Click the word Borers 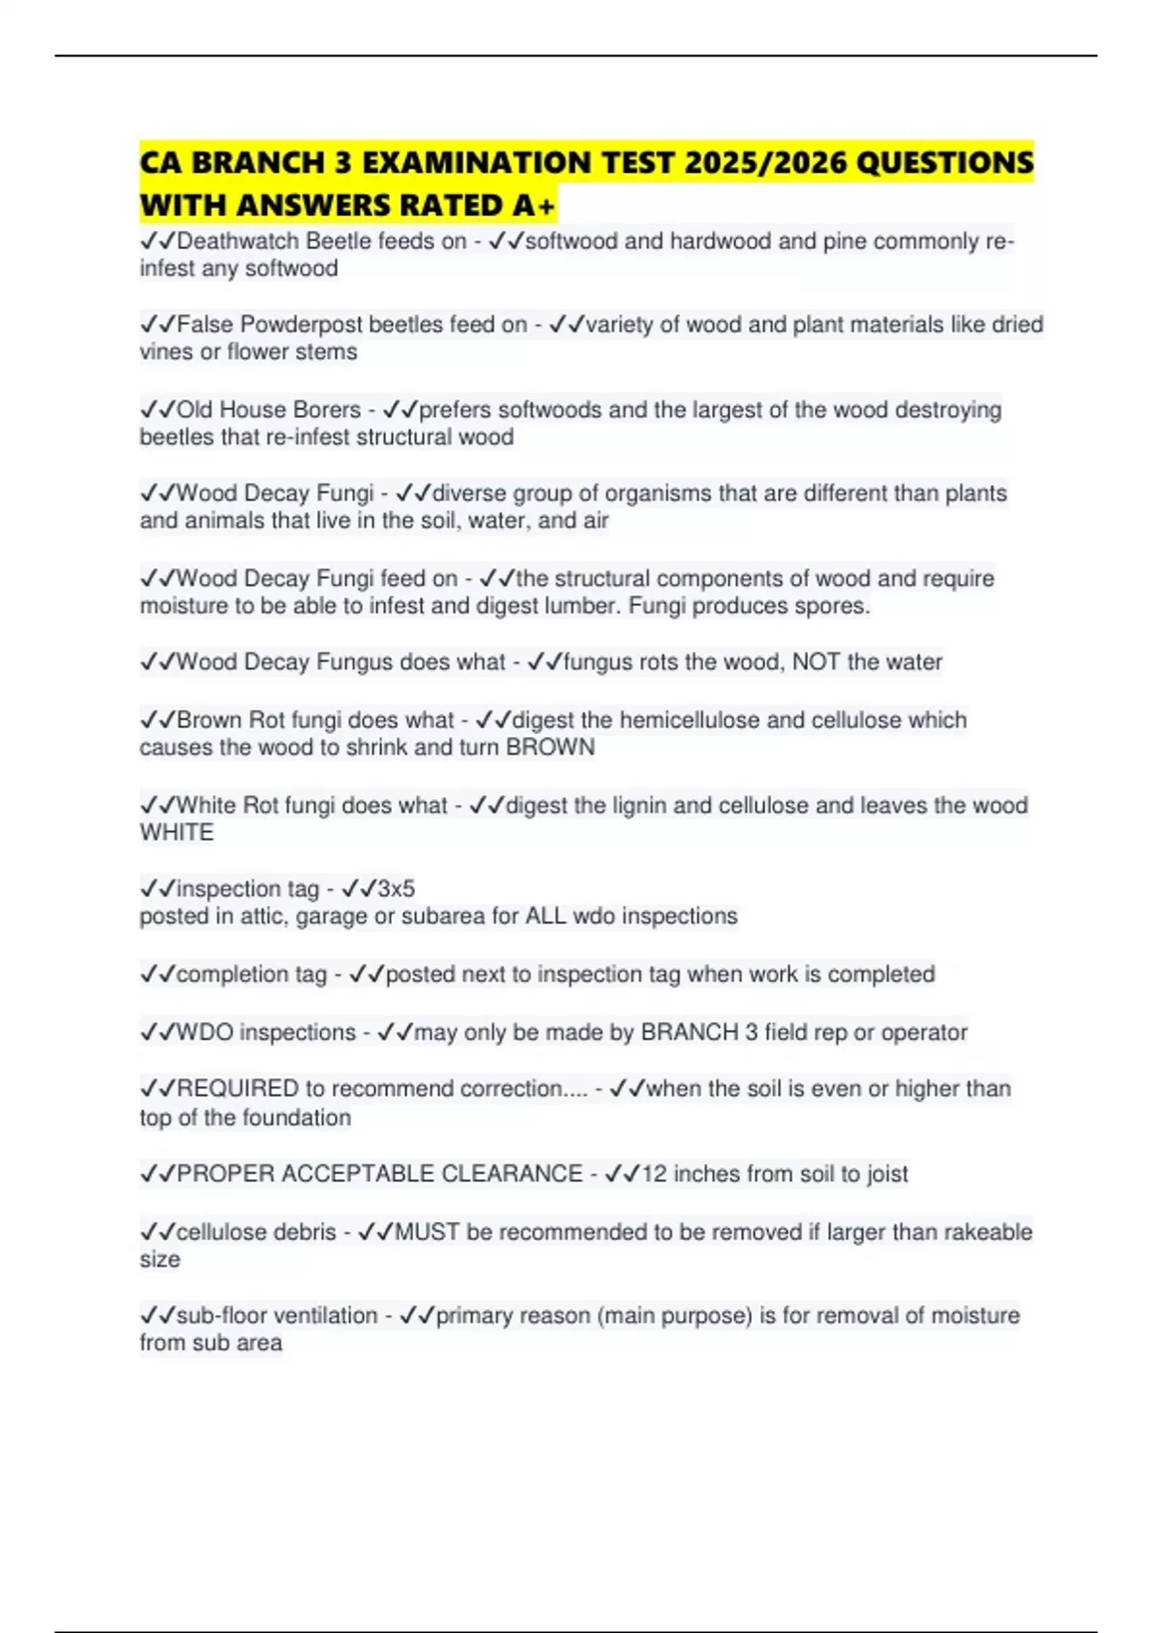[x=327, y=410]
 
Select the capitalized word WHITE [x=177, y=833]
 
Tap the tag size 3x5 [x=396, y=889]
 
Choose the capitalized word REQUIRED [x=237, y=1088]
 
